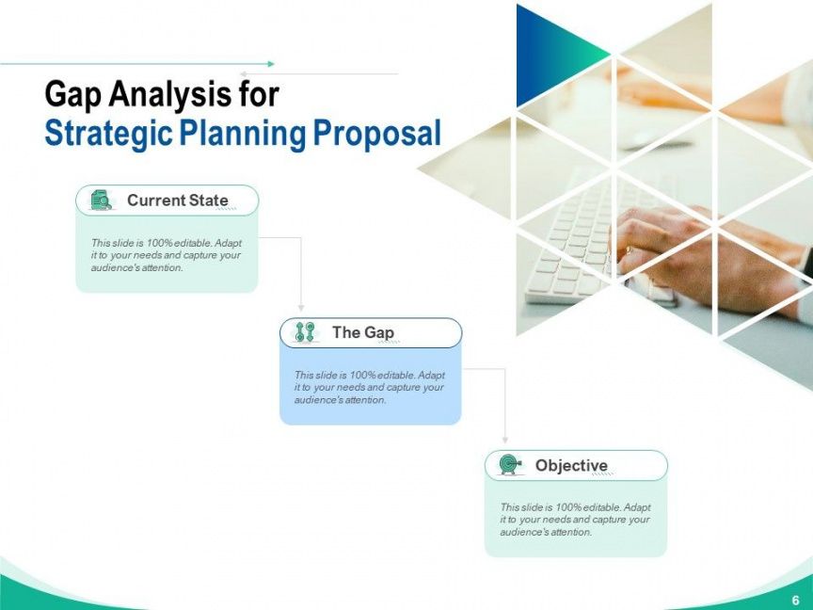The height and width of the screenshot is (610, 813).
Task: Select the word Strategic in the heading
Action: [108, 134]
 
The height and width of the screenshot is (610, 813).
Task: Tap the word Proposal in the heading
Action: [377, 133]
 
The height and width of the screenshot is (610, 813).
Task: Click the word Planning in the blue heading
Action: [243, 134]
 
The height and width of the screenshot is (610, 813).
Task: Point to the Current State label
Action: [177, 201]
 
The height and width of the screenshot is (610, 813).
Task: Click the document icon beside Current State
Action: [101, 201]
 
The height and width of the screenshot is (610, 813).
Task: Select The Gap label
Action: [363, 332]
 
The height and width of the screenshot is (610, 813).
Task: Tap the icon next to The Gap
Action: [305, 332]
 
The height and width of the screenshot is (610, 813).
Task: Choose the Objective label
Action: [571, 465]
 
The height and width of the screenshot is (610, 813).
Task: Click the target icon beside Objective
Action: [510, 464]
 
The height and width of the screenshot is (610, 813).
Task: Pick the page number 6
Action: [795, 599]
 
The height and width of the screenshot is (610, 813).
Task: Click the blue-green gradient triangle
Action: [550, 54]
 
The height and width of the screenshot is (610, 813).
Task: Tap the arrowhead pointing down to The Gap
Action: [301, 308]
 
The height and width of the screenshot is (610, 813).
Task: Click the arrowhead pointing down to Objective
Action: [505, 440]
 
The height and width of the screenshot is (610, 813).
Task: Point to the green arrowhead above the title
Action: [271, 64]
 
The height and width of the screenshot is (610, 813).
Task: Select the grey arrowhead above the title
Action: [243, 74]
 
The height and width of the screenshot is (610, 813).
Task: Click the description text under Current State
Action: [167, 255]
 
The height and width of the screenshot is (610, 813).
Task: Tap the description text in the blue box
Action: [370, 388]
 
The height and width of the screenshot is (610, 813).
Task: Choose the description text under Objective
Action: [575, 520]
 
